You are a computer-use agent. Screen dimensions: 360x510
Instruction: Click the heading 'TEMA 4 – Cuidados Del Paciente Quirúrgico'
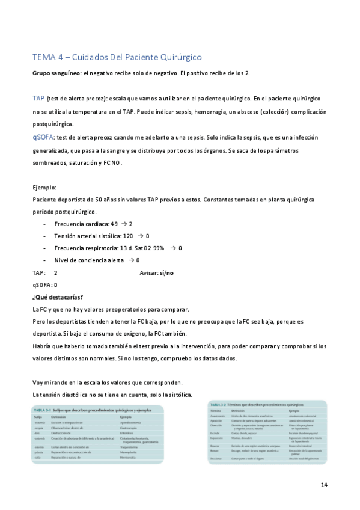point(117,57)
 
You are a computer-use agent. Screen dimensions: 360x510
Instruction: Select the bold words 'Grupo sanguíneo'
point(56,73)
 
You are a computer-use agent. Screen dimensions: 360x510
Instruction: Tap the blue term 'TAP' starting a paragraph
point(37,97)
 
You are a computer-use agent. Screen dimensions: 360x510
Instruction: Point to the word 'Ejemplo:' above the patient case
point(44,187)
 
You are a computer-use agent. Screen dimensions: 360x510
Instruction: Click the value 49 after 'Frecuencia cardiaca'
point(114,224)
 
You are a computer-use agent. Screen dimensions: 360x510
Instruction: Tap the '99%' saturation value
point(159,248)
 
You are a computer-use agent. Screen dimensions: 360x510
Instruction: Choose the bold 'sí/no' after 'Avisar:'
point(166,272)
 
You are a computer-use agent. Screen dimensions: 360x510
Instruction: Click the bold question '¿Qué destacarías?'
point(57,296)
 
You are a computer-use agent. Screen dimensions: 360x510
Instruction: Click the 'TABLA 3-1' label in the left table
point(42,409)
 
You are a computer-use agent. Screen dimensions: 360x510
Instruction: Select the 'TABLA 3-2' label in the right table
point(219,405)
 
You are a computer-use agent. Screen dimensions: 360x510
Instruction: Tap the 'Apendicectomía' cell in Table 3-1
point(133,423)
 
